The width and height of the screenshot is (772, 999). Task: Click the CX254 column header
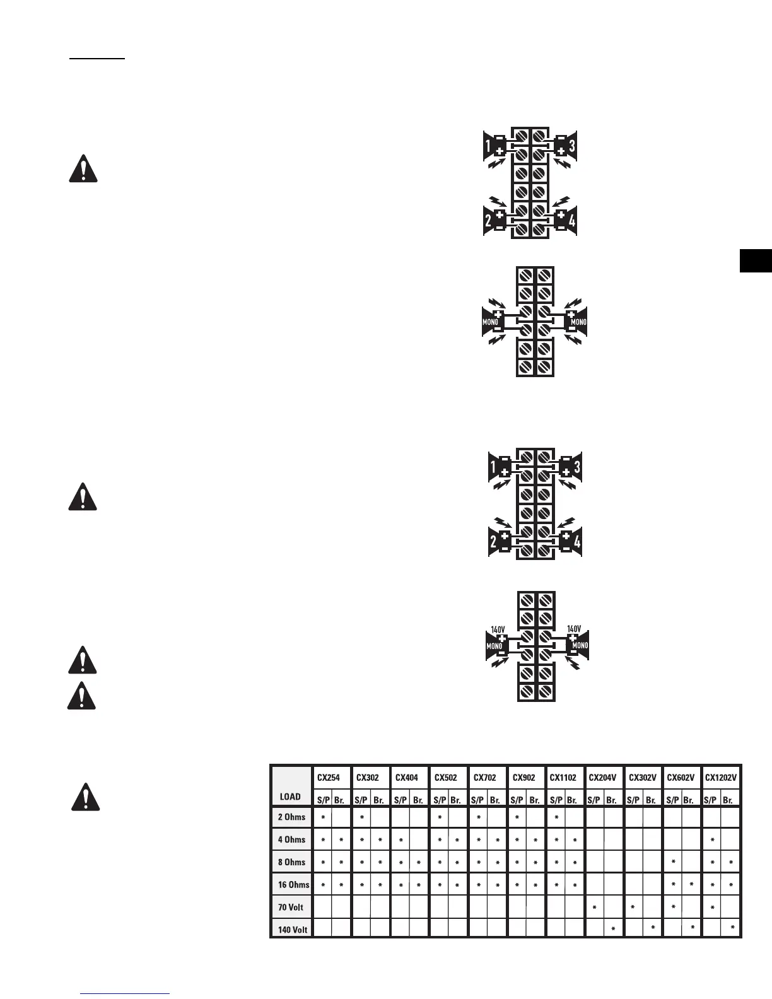pyautogui.click(x=329, y=778)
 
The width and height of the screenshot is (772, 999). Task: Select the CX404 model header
pyautogui.click(x=407, y=778)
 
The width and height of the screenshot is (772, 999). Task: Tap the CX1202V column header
pyautogui.click(x=720, y=778)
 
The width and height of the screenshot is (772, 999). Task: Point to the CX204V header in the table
pyautogui.click(x=602, y=778)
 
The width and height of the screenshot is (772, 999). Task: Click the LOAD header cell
pyautogui.click(x=290, y=797)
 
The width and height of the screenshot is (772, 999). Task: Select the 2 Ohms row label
pyautogui.click(x=291, y=817)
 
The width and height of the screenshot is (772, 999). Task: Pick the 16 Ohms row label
pyautogui.click(x=293, y=885)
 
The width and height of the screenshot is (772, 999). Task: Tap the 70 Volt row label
pyautogui.click(x=291, y=908)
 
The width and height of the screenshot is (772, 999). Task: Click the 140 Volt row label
pyautogui.click(x=293, y=930)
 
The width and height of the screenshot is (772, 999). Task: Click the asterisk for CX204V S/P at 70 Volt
pyautogui.click(x=594, y=908)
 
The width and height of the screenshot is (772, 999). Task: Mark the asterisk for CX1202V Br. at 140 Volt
pyautogui.click(x=732, y=928)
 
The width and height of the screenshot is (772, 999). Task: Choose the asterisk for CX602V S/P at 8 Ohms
pyautogui.click(x=674, y=862)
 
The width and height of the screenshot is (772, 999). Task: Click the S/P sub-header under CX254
pyautogui.click(x=323, y=800)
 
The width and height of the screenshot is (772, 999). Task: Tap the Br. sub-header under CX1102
pyautogui.click(x=572, y=800)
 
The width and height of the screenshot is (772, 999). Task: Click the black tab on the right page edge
pyautogui.click(x=756, y=261)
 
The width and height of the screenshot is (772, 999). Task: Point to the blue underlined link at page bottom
pyautogui.click(x=126, y=994)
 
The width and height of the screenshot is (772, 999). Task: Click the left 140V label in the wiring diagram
pyautogui.click(x=498, y=629)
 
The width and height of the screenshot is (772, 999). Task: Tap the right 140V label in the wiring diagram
pyautogui.click(x=574, y=629)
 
